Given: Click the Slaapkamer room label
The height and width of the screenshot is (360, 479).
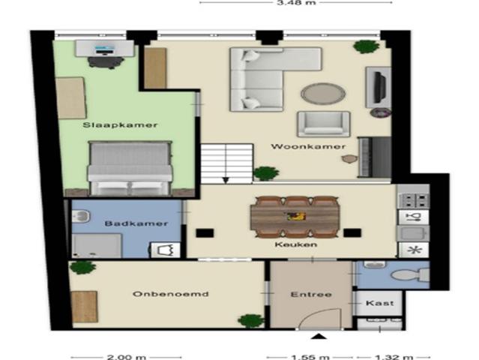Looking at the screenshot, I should [110, 124].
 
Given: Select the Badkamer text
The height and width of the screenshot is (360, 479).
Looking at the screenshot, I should [125, 223].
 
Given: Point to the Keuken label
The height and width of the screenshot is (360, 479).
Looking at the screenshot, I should [295, 244].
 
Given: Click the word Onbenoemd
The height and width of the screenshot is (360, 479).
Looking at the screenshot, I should [160, 294].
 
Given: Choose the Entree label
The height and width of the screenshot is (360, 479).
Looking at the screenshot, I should [310, 294].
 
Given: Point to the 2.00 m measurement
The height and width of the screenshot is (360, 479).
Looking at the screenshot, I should [127, 357].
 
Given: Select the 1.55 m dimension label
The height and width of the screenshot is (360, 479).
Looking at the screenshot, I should [310, 357].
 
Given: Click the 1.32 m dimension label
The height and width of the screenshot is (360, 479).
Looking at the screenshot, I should [384, 357].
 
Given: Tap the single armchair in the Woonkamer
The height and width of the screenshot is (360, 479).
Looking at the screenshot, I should [322, 124].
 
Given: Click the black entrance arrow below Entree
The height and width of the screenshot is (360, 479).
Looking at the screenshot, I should [319, 337].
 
